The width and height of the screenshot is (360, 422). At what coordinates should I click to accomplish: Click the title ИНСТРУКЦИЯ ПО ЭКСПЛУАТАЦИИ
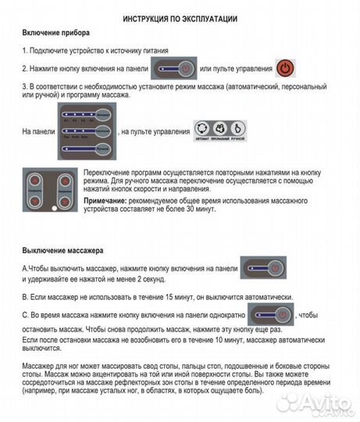click(x=180, y=17)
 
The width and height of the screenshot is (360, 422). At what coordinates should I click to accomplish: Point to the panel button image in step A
click(x=262, y=267)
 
